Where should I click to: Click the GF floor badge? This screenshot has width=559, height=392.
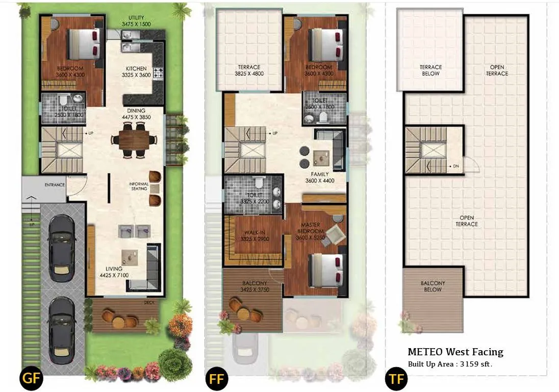point(31,379)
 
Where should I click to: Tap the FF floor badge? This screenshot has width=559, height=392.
point(216,379)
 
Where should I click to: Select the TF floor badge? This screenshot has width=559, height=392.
point(395,379)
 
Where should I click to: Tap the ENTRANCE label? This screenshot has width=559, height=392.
point(55,185)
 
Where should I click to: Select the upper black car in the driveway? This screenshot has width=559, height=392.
point(61,240)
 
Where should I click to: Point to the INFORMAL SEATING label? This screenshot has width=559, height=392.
point(139,186)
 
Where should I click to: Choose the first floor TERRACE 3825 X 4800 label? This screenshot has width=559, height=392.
point(249,70)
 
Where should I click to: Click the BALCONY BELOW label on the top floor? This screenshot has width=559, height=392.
point(433,286)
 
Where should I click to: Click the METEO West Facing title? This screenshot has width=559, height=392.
point(455,352)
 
